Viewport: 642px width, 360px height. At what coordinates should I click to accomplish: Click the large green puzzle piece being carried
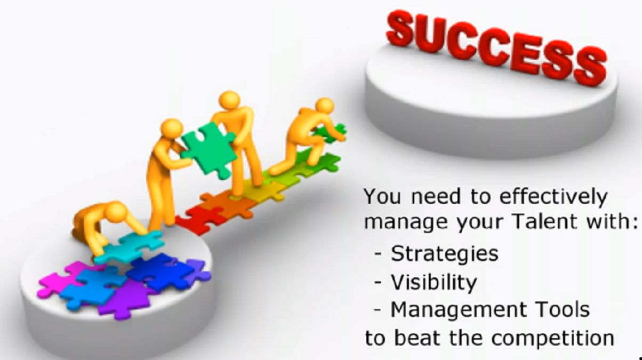click(x=208, y=150)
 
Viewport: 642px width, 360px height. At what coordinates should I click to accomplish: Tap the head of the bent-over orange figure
click(x=116, y=212)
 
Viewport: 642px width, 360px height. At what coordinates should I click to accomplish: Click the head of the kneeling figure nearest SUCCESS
click(x=324, y=106)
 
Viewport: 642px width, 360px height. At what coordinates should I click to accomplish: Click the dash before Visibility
click(x=378, y=282)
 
